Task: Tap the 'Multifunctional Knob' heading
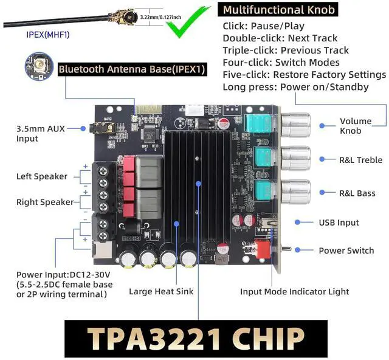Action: click(x=279, y=10)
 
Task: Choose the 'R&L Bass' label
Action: click(x=357, y=193)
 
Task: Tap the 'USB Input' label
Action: click(x=339, y=223)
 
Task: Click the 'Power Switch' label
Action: click(x=346, y=251)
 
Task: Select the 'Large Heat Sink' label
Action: click(x=161, y=291)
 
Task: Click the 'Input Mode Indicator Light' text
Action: click(x=295, y=291)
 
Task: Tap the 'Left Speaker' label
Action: click(x=42, y=176)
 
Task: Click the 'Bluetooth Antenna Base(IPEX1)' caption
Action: click(x=132, y=69)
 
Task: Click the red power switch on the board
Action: click(x=263, y=247)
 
